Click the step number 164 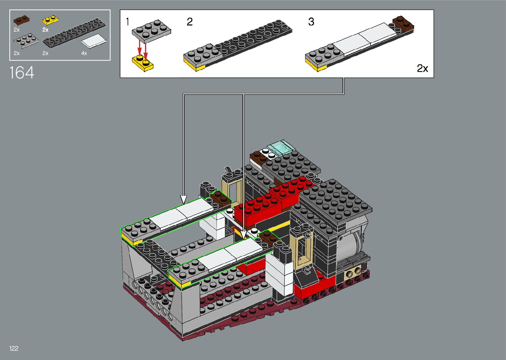point(22,73)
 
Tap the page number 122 point(14,348)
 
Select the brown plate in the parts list point(21,20)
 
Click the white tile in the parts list point(94,41)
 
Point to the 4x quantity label point(84,53)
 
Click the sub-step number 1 point(128,22)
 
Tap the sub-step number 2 point(190,22)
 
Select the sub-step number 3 point(311,22)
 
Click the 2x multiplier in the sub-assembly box point(422,68)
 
